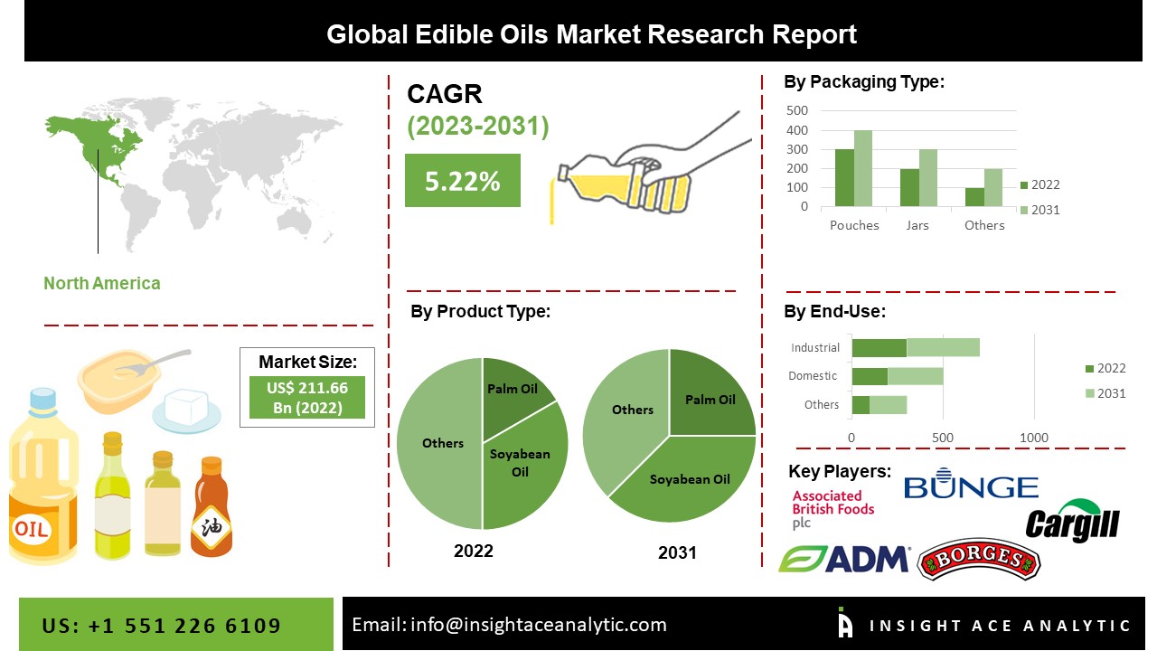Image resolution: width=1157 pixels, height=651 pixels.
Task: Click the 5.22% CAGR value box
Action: coord(462,181)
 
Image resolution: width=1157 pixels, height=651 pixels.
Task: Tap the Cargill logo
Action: coord(1073,522)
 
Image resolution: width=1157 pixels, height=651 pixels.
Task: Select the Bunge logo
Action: coord(971,486)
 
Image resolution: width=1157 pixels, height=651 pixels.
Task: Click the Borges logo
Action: coord(978,560)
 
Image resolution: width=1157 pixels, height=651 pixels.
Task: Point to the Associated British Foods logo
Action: coord(832,509)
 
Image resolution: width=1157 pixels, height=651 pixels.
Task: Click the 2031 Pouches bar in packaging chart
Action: coord(863,169)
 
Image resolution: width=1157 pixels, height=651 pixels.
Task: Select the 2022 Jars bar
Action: coord(909,188)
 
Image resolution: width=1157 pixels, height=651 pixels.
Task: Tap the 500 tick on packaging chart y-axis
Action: coord(797,110)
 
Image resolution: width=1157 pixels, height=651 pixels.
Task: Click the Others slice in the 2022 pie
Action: coord(440,443)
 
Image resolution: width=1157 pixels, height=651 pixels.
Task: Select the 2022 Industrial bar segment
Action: coord(879,348)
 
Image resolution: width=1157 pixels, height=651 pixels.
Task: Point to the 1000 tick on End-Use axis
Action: coord(1034,438)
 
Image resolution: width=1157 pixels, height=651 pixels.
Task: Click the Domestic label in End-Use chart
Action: coord(813,376)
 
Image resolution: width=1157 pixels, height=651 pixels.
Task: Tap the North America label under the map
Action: coord(102,283)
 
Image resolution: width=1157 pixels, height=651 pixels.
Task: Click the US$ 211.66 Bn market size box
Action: coord(307,397)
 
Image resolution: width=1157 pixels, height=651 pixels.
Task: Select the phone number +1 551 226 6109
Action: coord(162,626)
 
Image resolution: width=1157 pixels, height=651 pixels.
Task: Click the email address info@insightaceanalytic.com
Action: coord(509,625)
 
